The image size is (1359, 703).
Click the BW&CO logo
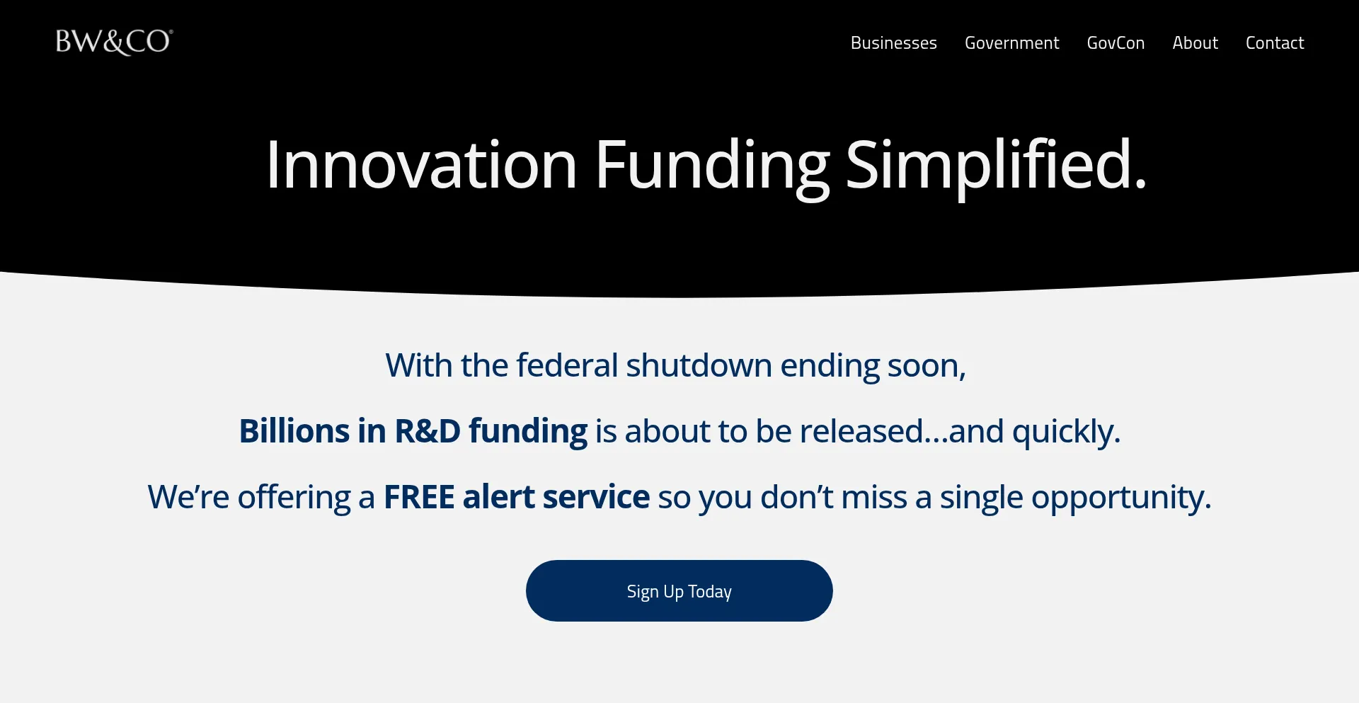click(114, 42)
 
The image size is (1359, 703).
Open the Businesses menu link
click(893, 43)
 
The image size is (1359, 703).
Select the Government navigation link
click(1011, 43)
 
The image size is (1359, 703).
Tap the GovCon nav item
click(1116, 43)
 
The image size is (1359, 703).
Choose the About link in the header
click(1195, 43)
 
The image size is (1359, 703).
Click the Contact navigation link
click(1275, 43)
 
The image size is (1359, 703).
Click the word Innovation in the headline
click(422, 165)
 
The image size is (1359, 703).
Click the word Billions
click(294, 430)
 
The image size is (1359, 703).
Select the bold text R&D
click(428, 430)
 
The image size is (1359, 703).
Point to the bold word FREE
click(419, 497)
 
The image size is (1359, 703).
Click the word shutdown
click(699, 365)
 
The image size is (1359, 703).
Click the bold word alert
click(499, 497)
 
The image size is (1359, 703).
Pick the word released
click(861, 431)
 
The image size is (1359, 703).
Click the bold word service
click(596, 497)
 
